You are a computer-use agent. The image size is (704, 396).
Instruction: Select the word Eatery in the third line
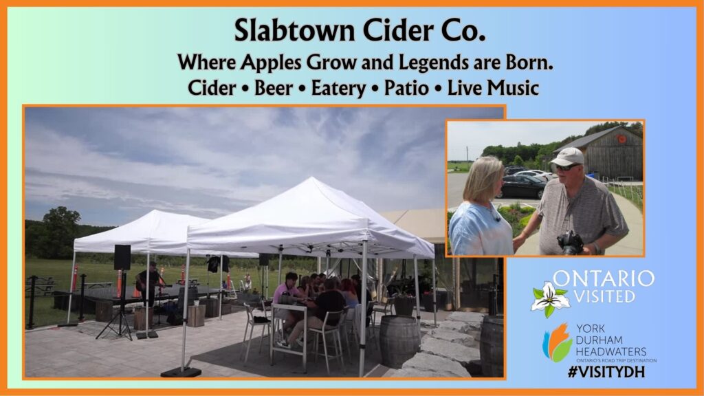click(338, 88)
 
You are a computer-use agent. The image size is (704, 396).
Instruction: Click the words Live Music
click(493, 87)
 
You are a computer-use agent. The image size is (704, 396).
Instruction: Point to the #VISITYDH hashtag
click(606, 372)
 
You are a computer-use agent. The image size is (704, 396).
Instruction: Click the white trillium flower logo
click(550, 298)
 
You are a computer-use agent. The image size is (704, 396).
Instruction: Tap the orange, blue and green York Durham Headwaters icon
click(557, 342)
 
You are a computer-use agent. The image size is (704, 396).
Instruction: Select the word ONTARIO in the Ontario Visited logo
click(604, 278)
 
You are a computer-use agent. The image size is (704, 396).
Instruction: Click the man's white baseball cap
click(567, 157)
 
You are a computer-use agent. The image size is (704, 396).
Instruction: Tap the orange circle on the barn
click(621, 139)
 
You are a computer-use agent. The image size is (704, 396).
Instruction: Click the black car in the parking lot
click(522, 187)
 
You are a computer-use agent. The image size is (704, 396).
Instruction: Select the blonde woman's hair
click(483, 179)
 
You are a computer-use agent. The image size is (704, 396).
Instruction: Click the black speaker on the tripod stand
click(122, 257)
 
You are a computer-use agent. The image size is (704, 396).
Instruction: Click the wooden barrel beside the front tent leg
click(399, 341)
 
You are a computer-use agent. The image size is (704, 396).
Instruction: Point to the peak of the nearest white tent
click(313, 179)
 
